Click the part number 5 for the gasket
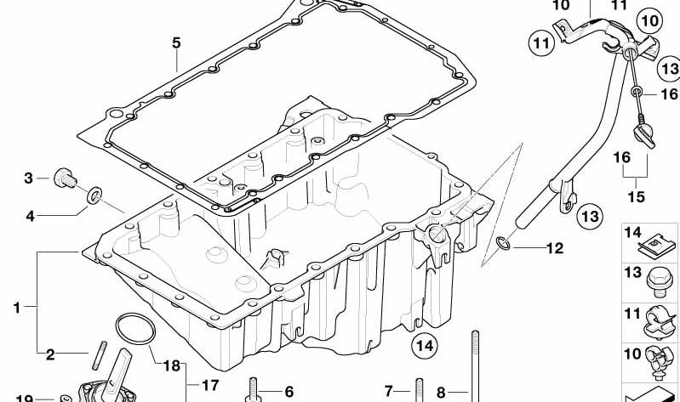click(175, 41)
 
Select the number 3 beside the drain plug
click(28, 178)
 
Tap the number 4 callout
click(30, 216)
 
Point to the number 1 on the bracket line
click(16, 308)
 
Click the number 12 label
click(554, 249)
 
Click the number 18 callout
click(171, 366)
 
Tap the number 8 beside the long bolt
click(440, 392)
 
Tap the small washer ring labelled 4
click(95, 198)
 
